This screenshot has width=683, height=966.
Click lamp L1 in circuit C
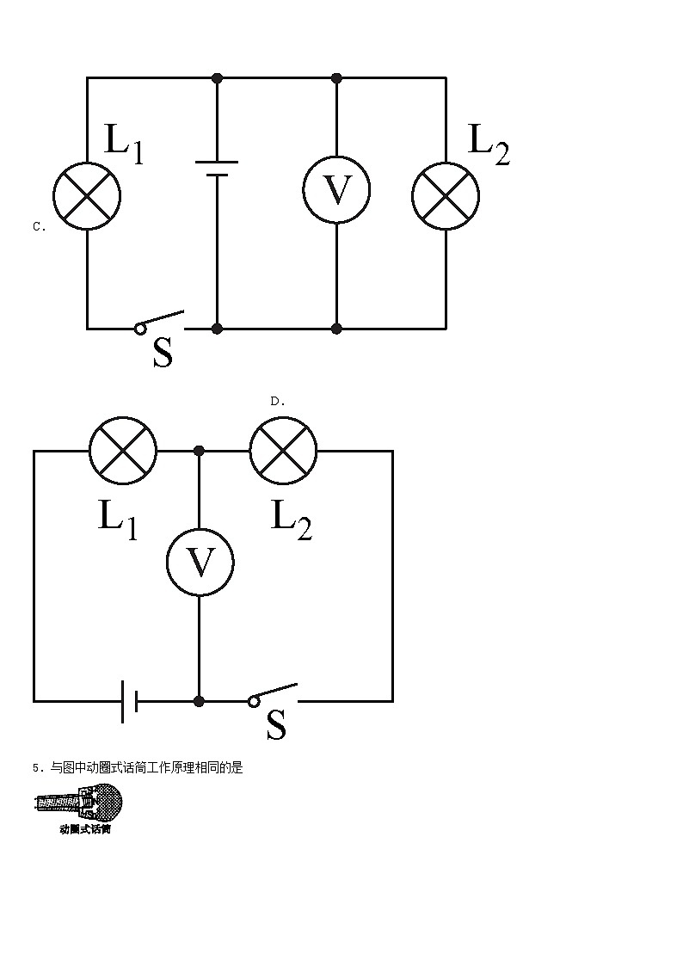point(87,195)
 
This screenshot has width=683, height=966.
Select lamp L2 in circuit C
point(446,195)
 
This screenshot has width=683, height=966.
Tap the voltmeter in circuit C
point(336,190)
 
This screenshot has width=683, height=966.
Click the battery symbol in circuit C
point(217,168)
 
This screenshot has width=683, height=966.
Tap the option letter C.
point(39,227)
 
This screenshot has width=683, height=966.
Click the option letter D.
point(277,401)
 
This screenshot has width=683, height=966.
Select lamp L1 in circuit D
point(124,450)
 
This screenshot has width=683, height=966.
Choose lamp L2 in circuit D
point(283,450)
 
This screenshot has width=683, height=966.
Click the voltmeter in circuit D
point(200,563)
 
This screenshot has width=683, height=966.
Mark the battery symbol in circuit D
point(129,701)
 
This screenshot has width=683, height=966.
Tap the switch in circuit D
point(274,695)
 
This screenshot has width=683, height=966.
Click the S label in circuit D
point(276,724)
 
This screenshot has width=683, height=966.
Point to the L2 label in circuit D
point(291,519)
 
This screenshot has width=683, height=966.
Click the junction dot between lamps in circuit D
point(200,450)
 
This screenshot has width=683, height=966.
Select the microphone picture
point(78,805)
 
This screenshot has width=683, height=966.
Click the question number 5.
point(34,768)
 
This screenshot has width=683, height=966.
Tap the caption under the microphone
point(85,830)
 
